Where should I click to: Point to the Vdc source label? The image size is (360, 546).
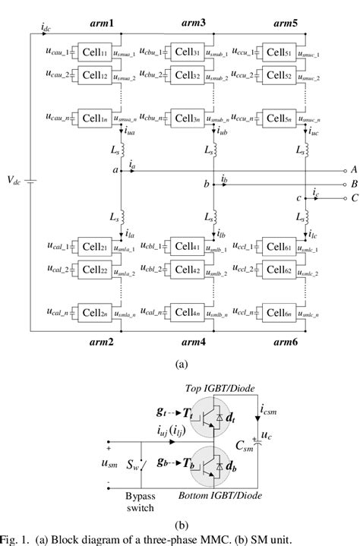[15, 181]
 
